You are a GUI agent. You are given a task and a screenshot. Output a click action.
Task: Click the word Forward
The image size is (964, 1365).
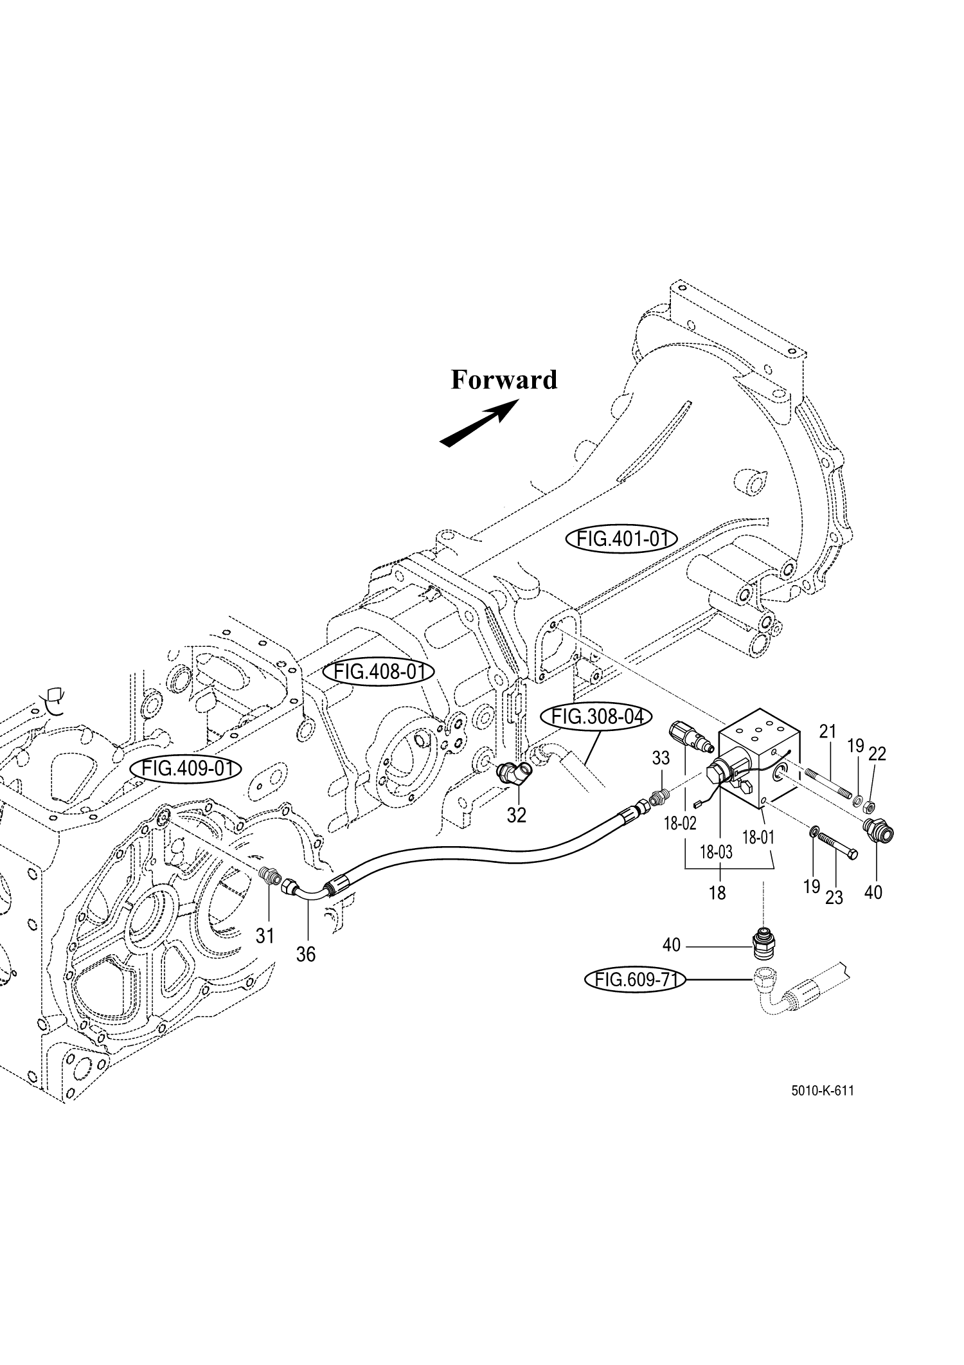[x=503, y=380]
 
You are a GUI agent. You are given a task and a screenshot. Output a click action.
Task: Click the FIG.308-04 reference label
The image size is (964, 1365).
[x=596, y=716]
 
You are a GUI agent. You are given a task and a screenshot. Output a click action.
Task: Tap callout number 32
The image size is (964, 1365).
[x=516, y=815]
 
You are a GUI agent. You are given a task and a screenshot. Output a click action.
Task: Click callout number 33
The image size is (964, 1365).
[x=661, y=758]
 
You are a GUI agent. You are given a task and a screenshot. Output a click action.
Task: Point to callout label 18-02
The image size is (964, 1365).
[x=680, y=824]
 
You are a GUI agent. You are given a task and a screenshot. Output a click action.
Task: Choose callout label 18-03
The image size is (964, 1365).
[x=716, y=853]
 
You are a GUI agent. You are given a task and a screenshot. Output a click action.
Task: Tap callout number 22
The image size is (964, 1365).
[x=877, y=754]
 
